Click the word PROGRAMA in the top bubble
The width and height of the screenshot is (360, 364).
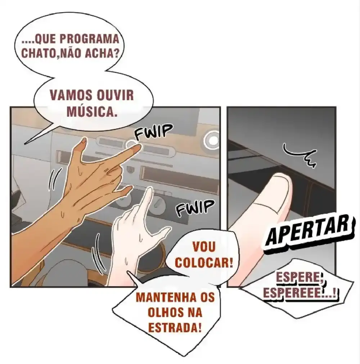90,39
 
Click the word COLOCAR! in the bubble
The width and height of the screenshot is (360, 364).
204,263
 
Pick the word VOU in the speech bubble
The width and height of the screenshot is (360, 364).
204,247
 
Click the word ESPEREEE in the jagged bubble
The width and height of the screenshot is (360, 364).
293,293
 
